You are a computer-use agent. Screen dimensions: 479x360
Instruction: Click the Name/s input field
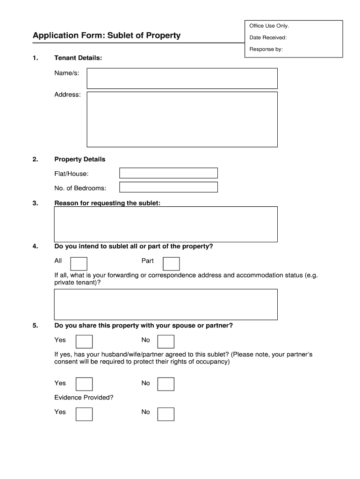coord(182,79)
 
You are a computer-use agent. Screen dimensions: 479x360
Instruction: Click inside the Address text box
coord(182,119)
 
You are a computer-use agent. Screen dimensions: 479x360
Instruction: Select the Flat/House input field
coord(168,174)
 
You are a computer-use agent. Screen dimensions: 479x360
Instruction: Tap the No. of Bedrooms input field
coord(168,188)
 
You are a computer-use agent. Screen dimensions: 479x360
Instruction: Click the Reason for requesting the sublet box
coord(166,224)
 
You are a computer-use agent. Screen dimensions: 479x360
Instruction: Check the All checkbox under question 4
coord(78,263)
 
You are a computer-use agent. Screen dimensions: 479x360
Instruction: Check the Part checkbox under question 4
coord(171,263)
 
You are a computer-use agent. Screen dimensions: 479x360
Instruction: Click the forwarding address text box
coord(166,305)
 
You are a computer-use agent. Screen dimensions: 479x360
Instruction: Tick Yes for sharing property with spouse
coord(84,341)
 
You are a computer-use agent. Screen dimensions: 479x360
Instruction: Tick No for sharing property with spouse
coord(166,341)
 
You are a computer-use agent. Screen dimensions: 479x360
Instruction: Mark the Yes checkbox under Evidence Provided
coord(84,414)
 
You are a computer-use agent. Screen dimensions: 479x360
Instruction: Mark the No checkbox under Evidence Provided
coord(166,414)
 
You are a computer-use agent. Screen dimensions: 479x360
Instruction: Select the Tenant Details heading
coord(78,58)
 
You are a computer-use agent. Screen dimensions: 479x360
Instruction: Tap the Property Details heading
coord(80,160)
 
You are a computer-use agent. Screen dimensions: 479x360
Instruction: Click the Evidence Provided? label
coord(84,398)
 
